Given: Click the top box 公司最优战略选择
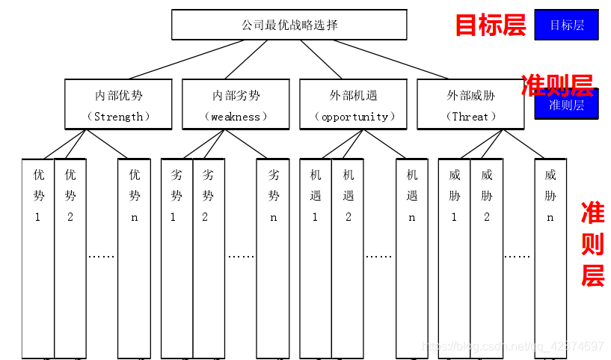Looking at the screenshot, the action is point(289,25).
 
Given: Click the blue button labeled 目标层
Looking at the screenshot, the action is point(566,25).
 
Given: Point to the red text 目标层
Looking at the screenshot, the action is point(491,25).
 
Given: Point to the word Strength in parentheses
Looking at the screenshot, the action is point(118,117).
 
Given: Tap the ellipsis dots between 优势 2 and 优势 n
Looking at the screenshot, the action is point(102,256).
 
